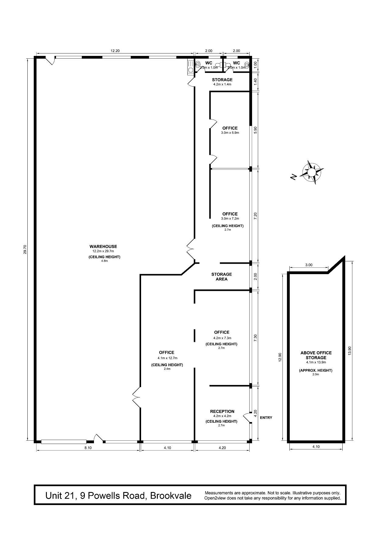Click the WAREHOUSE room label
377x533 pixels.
click(103, 246)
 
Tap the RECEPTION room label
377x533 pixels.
click(222, 411)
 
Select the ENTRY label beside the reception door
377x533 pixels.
click(266, 418)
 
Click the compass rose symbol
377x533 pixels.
click(312, 172)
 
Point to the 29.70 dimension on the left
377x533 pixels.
click(25, 249)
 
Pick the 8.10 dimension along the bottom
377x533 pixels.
click(88, 448)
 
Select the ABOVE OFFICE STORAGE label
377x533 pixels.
click(316, 355)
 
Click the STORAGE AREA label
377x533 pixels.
click(222, 277)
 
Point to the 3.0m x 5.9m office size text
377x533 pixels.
click(230, 132)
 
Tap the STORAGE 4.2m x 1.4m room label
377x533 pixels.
click(222, 82)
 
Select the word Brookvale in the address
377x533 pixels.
click(171, 496)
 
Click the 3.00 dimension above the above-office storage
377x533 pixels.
click(309, 265)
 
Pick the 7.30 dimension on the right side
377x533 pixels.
click(255, 338)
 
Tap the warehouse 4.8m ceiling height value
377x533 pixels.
click(104, 261)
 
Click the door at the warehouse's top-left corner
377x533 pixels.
click(50, 60)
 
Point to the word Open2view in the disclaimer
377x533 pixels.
click(214, 498)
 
